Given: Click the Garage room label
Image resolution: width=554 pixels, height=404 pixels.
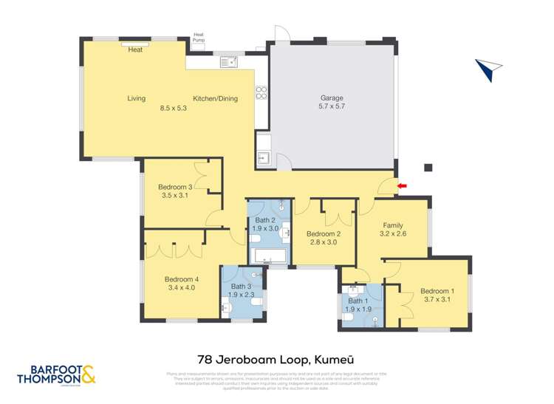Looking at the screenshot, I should click(x=332, y=98).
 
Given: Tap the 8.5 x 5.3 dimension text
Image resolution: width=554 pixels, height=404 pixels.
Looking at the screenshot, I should click(x=174, y=108).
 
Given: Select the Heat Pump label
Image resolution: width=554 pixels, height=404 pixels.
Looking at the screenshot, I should click(x=198, y=36).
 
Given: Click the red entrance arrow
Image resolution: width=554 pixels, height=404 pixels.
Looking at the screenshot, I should click(x=402, y=185).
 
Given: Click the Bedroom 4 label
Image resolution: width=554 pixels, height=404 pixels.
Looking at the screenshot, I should click(x=179, y=278).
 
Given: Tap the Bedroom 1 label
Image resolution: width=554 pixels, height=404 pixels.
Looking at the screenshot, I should click(x=437, y=290).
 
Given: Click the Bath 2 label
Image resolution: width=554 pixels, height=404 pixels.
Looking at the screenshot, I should click(x=266, y=220).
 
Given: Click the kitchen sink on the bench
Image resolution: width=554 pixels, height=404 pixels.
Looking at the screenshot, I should click(x=227, y=63).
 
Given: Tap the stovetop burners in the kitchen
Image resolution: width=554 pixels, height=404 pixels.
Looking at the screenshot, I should click(x=261, y=92).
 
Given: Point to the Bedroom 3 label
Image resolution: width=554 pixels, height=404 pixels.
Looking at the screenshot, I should click(x=175, y=187).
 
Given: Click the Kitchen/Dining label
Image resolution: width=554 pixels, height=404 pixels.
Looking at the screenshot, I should click(x=215, y=98).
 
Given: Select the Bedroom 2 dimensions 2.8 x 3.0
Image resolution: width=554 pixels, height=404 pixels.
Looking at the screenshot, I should click(x=322, y=242).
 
